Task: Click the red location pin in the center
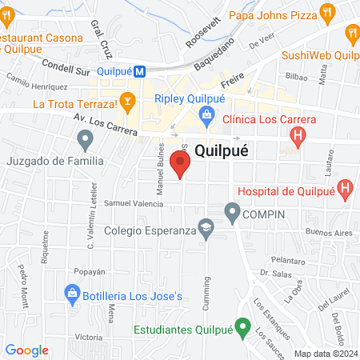point(182,165)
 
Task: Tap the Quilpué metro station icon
point(140,70)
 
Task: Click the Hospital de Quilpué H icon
point(346,190)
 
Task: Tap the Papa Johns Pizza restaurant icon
point(326,14)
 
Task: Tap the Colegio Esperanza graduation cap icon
point(207,230)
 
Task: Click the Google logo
point(27,350)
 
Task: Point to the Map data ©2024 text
point(325,354)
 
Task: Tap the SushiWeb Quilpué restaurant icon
point(352,33)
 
